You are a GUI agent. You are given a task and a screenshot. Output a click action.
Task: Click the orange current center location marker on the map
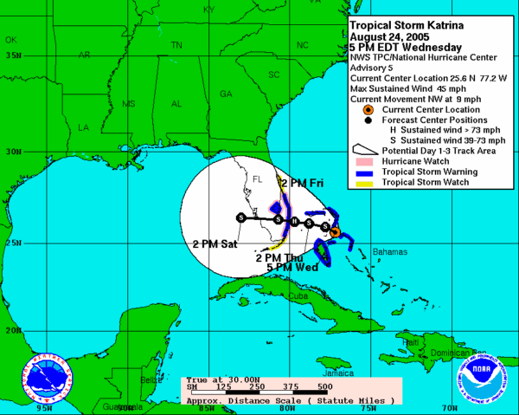[x=335, y=232]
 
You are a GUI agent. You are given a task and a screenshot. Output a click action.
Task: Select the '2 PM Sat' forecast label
[x=215, y=245]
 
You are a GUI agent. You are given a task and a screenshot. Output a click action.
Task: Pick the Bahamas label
[x=390, y=252]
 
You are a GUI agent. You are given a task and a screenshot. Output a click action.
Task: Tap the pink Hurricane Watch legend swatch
[x=363, y=162]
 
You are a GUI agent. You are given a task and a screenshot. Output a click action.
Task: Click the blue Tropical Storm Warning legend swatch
[x=363, y=172]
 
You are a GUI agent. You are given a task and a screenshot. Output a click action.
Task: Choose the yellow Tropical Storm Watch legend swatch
[x=363, y=183]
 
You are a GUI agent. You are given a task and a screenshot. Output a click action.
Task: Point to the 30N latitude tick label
[x=13, y=151]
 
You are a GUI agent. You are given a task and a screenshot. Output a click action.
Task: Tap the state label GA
[x=227, y=94]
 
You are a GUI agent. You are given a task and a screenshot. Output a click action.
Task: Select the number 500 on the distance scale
[x=325, y=387]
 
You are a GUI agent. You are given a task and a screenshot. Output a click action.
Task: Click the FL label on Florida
[x=256, y=179]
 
